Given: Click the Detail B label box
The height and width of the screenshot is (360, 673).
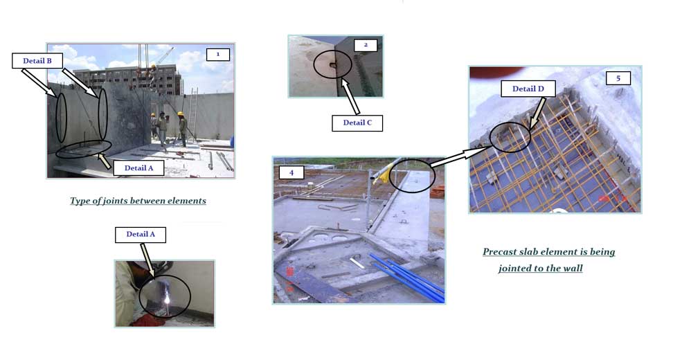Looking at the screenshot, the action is point(37,61).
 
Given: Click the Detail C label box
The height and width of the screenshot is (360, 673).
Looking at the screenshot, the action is point(357,123).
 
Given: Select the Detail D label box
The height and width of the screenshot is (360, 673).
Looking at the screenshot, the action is point(528,89).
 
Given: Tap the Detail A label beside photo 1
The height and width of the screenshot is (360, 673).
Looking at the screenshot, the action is point(138,168).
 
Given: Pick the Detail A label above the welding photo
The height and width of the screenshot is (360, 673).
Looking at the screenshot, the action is point(141,234).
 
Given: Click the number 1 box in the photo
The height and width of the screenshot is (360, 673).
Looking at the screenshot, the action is point(218,55).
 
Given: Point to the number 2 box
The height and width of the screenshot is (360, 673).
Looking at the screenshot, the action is point(366,45).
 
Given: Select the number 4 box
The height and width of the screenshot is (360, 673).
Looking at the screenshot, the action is point(291,172).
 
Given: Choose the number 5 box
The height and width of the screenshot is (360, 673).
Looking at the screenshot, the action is point(618,78).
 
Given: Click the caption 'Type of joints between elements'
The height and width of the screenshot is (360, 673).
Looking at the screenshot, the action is point(138,201).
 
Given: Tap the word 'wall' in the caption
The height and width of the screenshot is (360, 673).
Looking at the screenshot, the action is point(573,269).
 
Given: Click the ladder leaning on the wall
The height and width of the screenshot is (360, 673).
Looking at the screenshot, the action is point(193,114).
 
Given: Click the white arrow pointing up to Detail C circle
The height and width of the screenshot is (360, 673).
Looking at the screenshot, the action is point(350,96).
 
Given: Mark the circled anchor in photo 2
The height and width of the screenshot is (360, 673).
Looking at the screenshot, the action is point(333,65).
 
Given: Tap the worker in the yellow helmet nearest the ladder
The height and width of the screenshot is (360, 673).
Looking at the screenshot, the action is point(183,129).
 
